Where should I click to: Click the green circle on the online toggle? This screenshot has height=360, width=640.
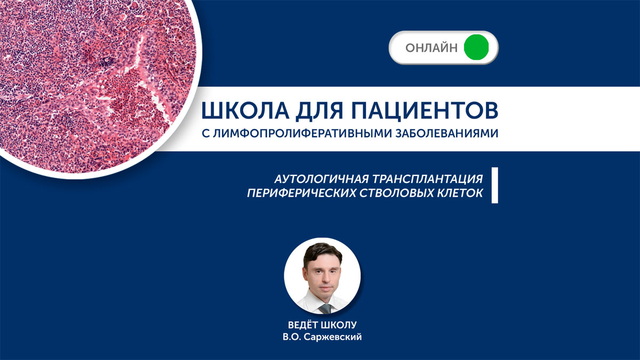coord(476,47)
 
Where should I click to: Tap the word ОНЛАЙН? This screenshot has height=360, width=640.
coord(431,47)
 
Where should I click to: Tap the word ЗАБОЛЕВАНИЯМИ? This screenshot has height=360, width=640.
coord(447,133)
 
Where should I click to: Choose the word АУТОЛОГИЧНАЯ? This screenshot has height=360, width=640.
coord(322,179)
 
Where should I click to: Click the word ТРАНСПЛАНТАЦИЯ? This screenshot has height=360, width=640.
coord(427,179)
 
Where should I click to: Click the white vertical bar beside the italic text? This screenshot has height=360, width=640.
coord(495,185)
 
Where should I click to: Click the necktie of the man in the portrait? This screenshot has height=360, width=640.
coord(325,309)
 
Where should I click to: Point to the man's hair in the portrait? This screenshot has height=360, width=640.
coord(322,253)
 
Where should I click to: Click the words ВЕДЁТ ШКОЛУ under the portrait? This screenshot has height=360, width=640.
coord(322,325)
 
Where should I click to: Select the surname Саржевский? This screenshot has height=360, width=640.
coord(333,337)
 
